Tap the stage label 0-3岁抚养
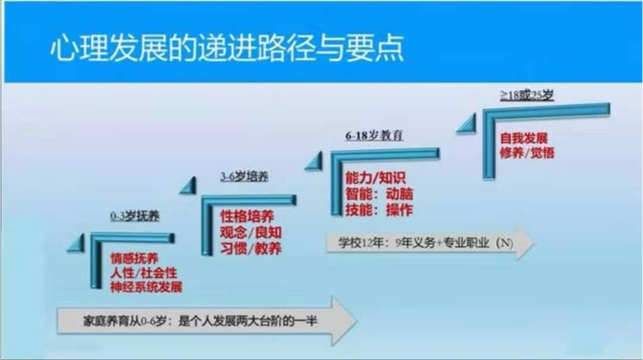click(x=135, y=216)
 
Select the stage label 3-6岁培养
click(x=245, y=176)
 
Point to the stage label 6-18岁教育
click(x=374, y=135)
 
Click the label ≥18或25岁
click(x=527, y=95)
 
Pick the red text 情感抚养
click(x=134, y=258)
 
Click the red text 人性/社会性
click(x=144, y=273)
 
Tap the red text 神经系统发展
click(x=146, y=287)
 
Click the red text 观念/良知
click(x=251, y=232)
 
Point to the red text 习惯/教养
click(x=251, y=248)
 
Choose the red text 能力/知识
click(x=376, y=178)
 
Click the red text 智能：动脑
click(x=379, y=194)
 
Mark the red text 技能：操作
click(x=379, y=210)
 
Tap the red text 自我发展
click(x=524, y=138)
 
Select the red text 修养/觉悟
click(x=527, y=153)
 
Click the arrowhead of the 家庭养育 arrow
click(x=344, y=321)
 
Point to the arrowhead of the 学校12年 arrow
click(x=525, y=242)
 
